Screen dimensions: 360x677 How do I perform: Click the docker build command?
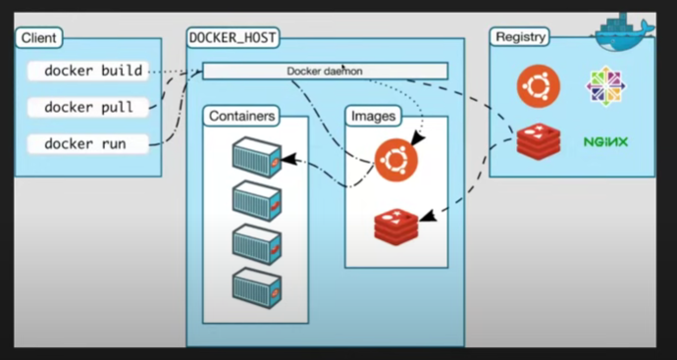coord(92,71)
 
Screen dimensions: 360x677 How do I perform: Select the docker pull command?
coord(88,107)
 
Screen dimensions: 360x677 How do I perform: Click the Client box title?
coord(38,38)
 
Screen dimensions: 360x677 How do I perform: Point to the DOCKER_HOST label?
coord(233,38)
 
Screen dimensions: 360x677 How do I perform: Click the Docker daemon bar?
coord(325,71)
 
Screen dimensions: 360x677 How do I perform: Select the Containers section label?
coord(242,116)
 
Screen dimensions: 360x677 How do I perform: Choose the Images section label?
coord(373,116)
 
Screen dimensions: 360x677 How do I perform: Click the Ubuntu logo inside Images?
coord(395,158)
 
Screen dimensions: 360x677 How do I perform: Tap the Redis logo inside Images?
coord(395,226)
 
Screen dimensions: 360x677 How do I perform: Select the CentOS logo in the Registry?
coord(605,86)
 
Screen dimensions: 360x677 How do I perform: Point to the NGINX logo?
coord(605,142)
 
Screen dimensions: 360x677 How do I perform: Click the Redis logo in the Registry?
coord(538,142)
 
